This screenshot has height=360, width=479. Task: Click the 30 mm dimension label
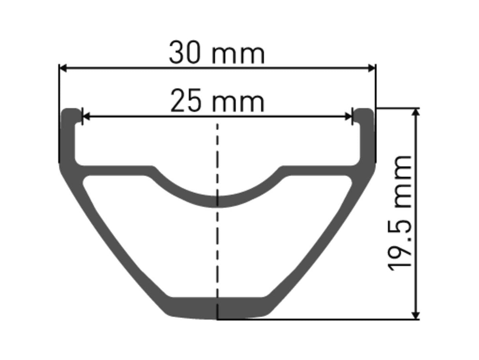pyautogui.click(x=217, y=52)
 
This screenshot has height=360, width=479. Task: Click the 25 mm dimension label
pyautogui.click(x=217, y=100)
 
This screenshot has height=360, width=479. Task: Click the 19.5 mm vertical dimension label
pyautogui.click(x=399, y=213)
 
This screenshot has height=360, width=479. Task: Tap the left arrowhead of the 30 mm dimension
pyautogui.click(x=63, y=68)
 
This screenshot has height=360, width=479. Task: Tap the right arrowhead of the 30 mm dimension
pyautogui.click(x=372, y=68)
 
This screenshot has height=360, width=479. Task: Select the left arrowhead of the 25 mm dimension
pyautogui.click(x=86, y=116)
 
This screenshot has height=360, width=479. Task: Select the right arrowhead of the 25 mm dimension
pyautogui.click(x=348, y=116)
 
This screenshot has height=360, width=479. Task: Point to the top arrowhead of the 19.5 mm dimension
pyautogui.click(x=416, y=112)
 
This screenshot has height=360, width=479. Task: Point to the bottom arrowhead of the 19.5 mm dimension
pyautogui.click(x=416, y=315)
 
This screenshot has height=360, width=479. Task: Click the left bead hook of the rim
pyautogui.click(x=71, y=114)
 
